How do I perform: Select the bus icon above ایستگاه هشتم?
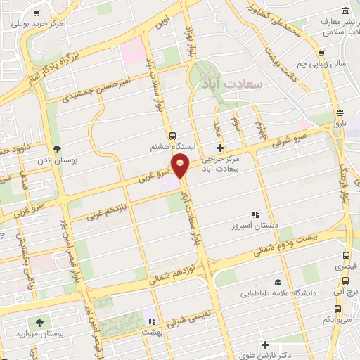(172, 134)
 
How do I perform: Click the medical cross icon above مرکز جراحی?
(221, 148)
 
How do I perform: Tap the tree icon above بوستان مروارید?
(39, 321)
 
